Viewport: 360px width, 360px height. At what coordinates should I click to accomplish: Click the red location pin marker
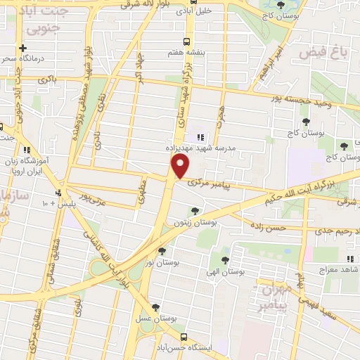click(181, 166)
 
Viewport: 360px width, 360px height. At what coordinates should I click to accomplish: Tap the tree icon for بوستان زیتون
click(195, 211)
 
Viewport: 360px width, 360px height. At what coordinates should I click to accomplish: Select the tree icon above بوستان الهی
click(225, 259)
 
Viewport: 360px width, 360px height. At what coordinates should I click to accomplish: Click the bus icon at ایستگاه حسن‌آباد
click(184, 337)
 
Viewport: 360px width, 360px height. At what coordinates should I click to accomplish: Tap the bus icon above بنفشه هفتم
click(186, 41)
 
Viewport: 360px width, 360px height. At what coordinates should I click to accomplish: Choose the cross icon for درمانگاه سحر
click(22, 48)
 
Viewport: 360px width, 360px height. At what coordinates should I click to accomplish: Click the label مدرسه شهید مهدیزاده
click(199, 149)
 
